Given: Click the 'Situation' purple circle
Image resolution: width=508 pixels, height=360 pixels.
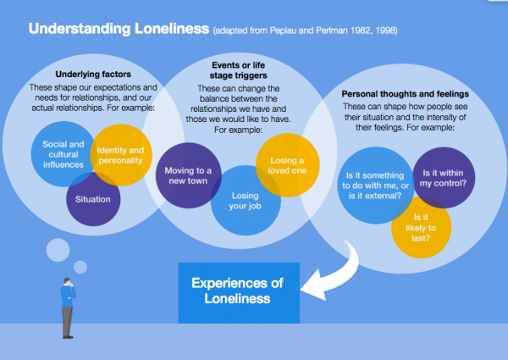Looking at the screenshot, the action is pos(93,199).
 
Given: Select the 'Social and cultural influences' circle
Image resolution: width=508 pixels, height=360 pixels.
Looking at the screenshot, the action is pos(63,154).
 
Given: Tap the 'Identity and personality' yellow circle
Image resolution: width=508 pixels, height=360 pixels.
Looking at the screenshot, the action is pos(121,155).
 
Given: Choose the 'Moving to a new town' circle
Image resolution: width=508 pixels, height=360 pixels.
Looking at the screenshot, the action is pos(188,175).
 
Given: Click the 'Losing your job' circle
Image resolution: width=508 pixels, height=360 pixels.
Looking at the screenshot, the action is pos(246,201).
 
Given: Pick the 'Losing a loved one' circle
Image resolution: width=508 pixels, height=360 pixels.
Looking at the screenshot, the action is pos(288,165).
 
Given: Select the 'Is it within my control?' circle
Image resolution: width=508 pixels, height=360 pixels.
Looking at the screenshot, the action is pos(444,178).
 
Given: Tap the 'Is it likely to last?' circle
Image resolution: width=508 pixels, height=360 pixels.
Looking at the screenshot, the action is pos(421,228).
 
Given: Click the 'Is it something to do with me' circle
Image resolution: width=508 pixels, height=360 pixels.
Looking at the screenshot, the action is pos(376,186).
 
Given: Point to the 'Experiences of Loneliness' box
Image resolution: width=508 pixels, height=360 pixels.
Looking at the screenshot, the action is pos(239,293).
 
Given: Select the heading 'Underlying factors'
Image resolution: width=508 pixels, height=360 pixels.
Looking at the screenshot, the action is pos(93,75).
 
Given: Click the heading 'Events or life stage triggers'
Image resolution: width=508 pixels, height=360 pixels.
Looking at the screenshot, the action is pos(239,70).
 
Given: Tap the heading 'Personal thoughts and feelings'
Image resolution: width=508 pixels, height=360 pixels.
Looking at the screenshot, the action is pos(405,94).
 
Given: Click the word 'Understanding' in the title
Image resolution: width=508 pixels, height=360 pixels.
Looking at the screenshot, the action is pos(80,29).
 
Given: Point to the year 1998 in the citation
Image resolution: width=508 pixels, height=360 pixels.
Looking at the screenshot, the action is pos(385,30).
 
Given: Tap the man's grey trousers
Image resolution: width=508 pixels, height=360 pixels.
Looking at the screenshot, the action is pos(68,321).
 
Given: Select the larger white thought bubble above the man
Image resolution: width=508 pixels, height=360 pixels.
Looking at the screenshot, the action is pos(58,250).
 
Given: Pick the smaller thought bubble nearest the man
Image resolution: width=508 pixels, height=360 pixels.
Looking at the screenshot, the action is pos(80,267).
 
